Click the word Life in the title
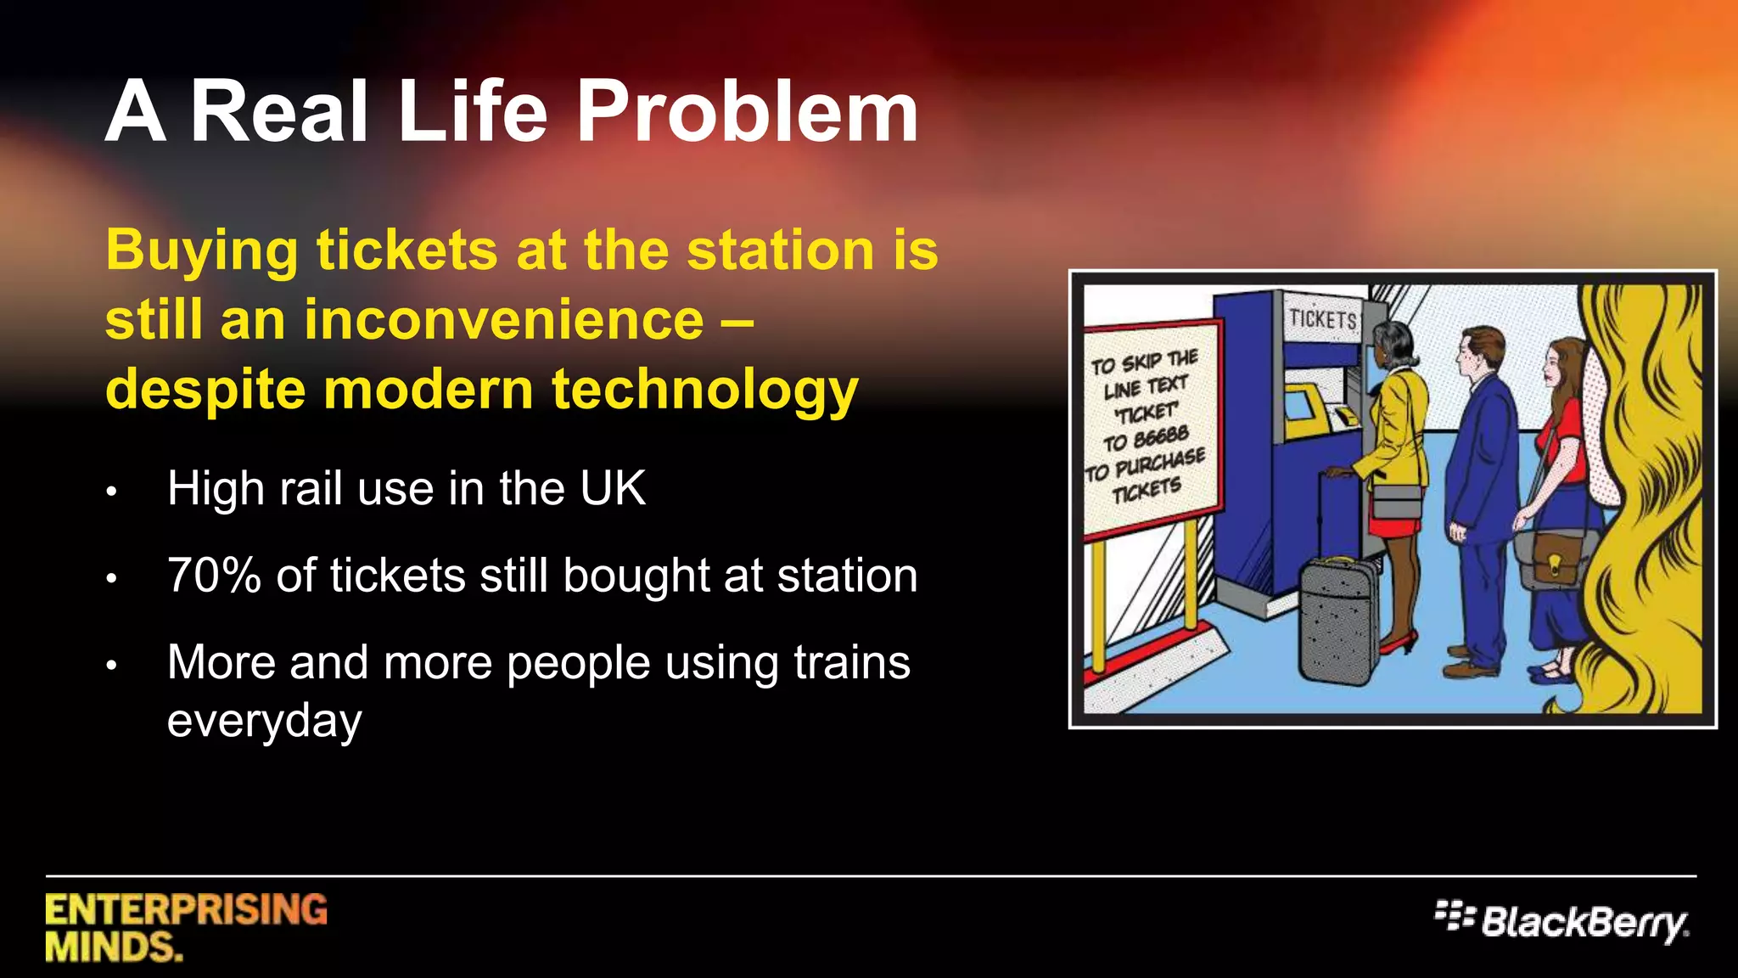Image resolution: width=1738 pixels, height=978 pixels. (472, 110)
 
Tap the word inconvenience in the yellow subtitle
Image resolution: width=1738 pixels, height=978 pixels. (504, 320)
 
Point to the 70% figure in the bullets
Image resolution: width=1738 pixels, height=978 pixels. (214, 576)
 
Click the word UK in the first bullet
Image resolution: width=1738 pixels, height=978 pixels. (612, 489)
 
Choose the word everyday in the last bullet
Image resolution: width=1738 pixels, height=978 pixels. (264, 722)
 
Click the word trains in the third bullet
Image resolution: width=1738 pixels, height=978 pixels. (851, 662)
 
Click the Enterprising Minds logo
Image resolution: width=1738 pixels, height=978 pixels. (186, 927)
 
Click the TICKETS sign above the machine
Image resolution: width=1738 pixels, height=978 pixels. (1322, 319)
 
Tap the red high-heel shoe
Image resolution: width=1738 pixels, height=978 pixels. (1399, 643)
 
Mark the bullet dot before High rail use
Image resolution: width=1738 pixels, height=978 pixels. (111, 492)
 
